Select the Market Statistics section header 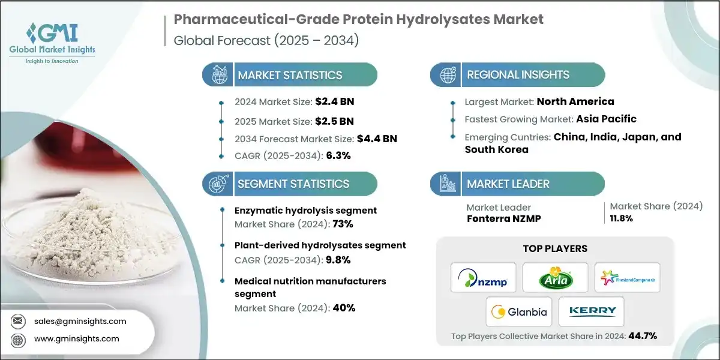tap(290, 75)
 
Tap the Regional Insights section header tap(518, 75)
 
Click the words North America tap(575, 101)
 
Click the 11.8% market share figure tap(622, 218)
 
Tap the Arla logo tap(555, 278)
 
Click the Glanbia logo tap(519, 311)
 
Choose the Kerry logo tap(591, 311)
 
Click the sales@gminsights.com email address tap(80, 321)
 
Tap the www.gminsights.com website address tap(76, 338)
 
